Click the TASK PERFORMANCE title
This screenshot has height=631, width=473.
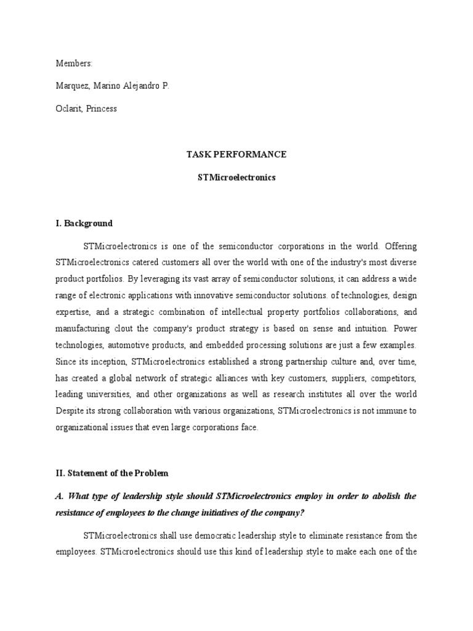(236, 155)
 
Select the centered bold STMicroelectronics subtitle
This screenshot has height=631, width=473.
(236, 177)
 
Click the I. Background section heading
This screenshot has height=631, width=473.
(84, 223)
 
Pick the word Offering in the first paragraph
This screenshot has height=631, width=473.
(401, 246)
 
